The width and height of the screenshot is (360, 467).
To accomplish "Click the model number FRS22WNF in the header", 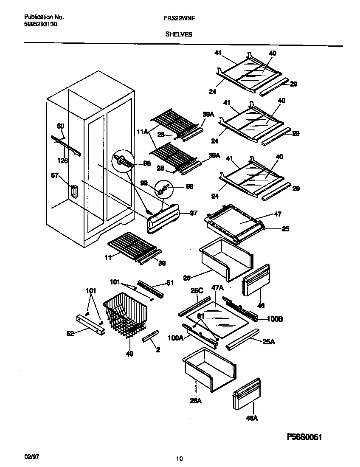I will [x=177, y=17].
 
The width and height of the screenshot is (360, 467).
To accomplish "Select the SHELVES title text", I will [x=178, y=34].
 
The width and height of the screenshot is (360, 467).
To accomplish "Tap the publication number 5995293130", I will [x=41, y=25].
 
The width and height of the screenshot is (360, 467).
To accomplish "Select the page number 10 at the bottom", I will [x=179, y=458].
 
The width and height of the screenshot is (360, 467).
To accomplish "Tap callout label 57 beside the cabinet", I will [x=54, y=177].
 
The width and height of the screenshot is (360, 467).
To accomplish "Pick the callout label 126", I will [x=62, y=160].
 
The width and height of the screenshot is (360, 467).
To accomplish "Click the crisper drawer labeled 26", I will [x=225, y=259].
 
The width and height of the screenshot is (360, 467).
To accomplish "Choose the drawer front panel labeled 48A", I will [x=246, y=394].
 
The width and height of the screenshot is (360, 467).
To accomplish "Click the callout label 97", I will [x=193, y=213].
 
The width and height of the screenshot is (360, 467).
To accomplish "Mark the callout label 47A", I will [x=217, y=288].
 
